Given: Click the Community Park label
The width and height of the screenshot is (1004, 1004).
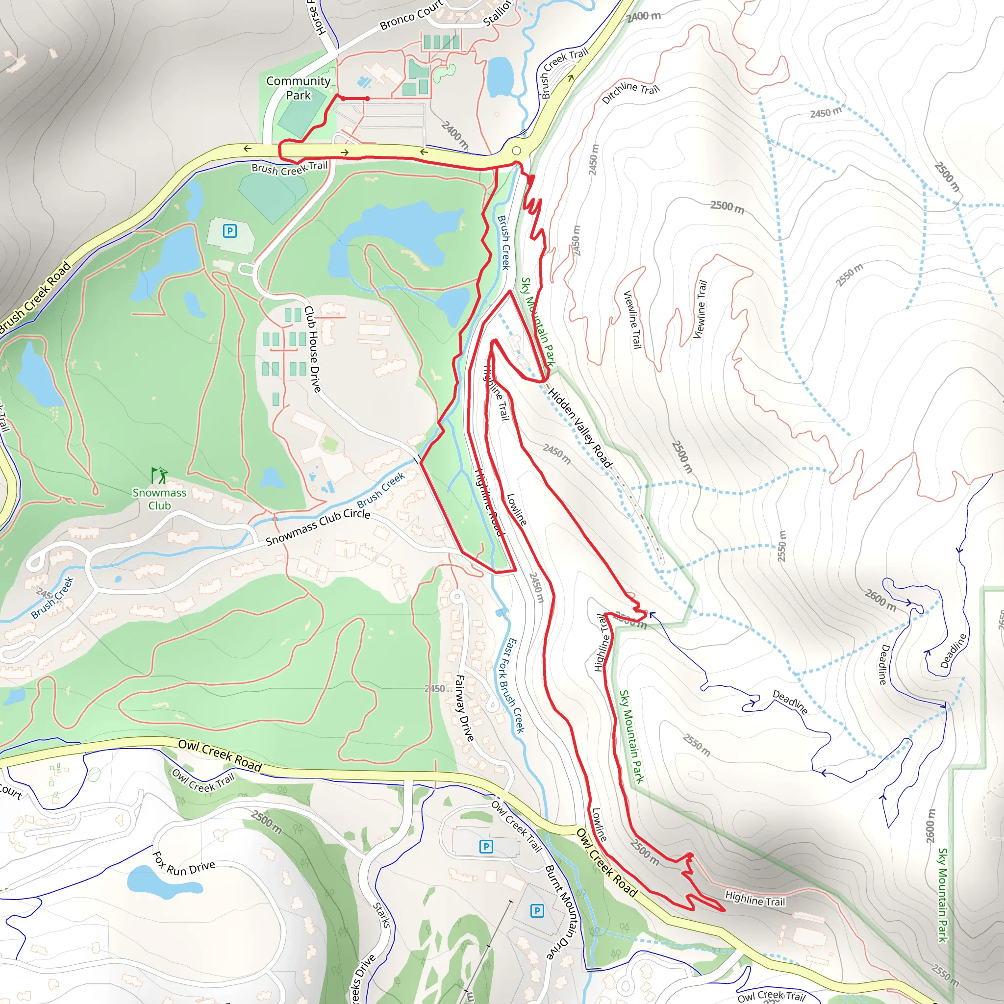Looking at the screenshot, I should click(298, 88).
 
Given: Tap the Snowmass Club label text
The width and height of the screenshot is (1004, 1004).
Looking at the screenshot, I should click(159, 499).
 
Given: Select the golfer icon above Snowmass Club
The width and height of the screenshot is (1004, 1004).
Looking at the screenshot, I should click(159, 475).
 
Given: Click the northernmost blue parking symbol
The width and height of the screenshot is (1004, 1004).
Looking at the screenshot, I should click(230, 231).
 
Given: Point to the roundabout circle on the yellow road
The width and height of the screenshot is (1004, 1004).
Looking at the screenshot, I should click(516, 151).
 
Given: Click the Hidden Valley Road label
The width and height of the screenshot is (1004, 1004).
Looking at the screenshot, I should click(579, 427).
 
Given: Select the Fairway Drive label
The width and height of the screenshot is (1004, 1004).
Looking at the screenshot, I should click(464, 708).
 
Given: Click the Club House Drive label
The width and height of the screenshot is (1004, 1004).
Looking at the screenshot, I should click(312, 349).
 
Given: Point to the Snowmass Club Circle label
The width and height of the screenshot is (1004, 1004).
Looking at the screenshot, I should click(318, 527).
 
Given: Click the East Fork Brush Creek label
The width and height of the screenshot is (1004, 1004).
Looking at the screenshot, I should click(511, 685).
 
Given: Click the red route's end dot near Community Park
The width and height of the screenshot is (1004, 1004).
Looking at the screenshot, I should click(367, 98).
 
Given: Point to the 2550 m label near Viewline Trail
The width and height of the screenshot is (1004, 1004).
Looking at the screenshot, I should click(849, 275).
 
